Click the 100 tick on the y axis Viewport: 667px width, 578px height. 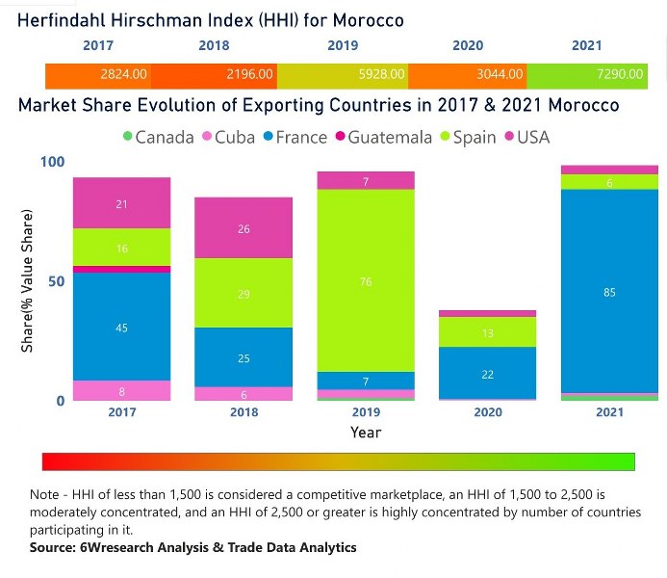[53, 161]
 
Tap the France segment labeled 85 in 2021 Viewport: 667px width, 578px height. [609, 292]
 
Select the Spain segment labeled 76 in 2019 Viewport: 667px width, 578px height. [366, 281]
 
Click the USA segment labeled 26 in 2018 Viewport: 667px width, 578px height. [244, 229]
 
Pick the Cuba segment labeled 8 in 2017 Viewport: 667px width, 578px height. [122, 390]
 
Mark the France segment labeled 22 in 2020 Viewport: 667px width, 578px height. [487, 374]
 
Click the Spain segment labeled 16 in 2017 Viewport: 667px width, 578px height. [122, 248]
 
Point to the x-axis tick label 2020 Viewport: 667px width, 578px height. [487, 412]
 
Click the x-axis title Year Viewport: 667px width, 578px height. [366, 433]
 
